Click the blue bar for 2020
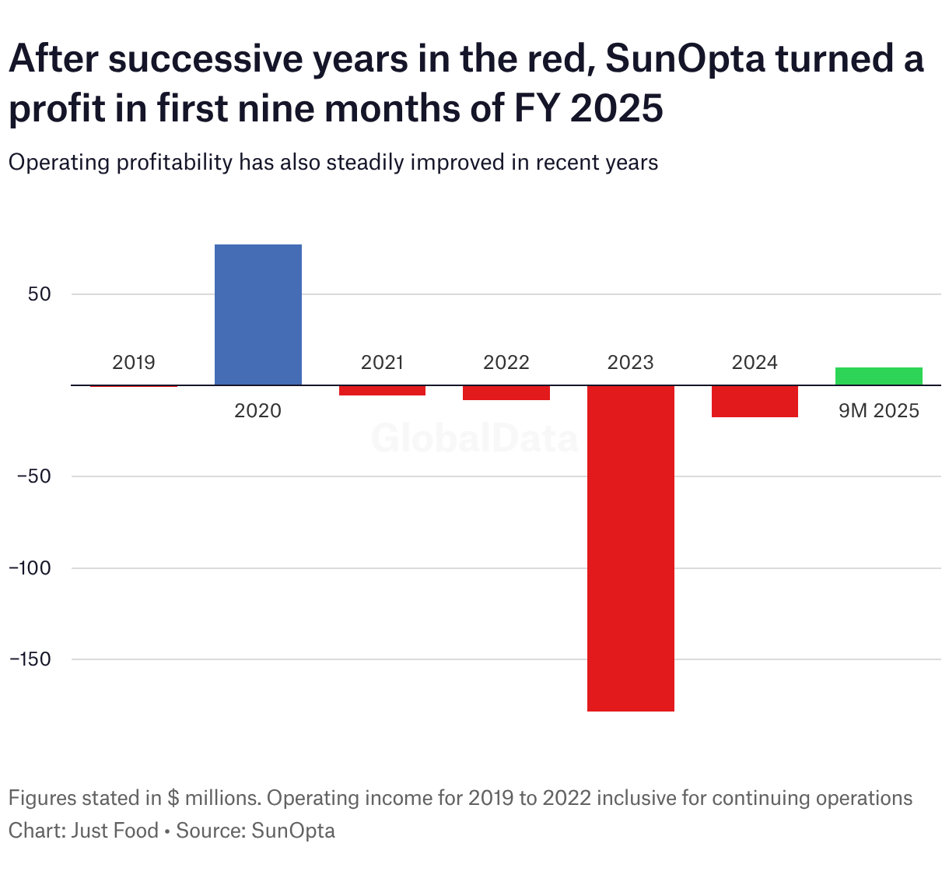[x=257, y=315]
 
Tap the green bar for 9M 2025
[x=878, y=376]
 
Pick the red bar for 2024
[x=755, y=401]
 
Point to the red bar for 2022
[x=506, y=392]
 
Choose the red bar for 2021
[x=382, y=390]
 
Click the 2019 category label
[x=134, y=362]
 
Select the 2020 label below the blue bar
[x=257, y=410]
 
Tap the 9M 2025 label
[x=878, y=410]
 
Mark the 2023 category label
[x=630, y=362]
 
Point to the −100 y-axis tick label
[x=30, y=568]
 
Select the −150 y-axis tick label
[x=30, y=659]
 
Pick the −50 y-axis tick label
[x=33, y=476]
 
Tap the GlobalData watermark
[x=474, y=438]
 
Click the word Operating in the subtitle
[x=60, y=162]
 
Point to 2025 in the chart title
[x=616, y=107]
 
